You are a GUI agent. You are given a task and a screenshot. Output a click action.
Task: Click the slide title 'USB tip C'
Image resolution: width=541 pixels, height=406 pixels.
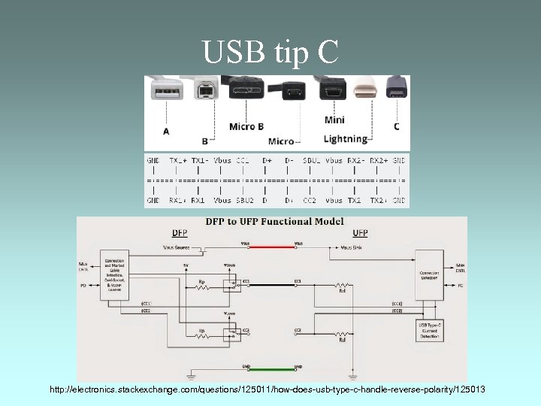[x=270, y=52]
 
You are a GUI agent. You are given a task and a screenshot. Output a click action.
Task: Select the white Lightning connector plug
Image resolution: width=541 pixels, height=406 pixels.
[x=364, y=91]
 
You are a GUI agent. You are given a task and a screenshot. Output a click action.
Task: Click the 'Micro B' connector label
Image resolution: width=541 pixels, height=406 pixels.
[x=246, y=126]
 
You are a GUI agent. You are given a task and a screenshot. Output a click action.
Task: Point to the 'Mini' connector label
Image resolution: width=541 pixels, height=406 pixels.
[x=335, y=120]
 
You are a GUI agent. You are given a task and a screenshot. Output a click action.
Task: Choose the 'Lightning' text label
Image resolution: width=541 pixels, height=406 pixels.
[x=345, y=138]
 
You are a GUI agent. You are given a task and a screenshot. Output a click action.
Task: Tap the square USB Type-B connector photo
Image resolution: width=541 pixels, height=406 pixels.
[x=205, y=90]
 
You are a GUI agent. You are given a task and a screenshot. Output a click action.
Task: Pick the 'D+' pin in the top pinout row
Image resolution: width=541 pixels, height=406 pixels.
[x=267, y=161]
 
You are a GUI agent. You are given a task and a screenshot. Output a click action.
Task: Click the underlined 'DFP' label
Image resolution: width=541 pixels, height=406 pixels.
[x=180, y=233]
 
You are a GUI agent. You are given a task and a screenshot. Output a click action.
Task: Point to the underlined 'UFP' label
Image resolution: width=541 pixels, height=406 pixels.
[x=360, y=233]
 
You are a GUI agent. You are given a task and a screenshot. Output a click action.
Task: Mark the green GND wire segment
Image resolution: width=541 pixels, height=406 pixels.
[x=271, y=369]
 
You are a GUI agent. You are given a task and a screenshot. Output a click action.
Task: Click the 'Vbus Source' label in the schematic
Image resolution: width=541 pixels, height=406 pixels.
[x=180, y=247]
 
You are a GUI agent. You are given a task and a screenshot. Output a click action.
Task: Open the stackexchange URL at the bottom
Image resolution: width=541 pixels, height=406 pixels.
[x=267, y=389]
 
